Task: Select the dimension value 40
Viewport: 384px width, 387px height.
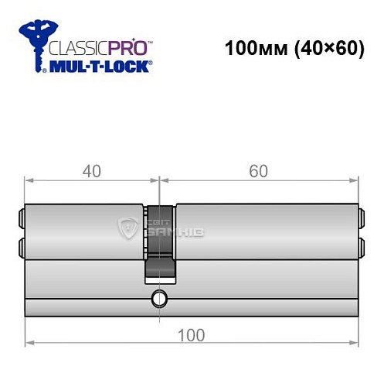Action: pyautogui.click(x=92, y=172)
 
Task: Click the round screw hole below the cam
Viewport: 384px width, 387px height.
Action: pyautogui.click(x=159, y=297)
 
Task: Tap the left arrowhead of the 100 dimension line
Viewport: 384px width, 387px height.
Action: pyautogui.click(x=29, y=341)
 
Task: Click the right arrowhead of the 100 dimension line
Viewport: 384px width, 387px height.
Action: pyautogui.click(x=355, y=341)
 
